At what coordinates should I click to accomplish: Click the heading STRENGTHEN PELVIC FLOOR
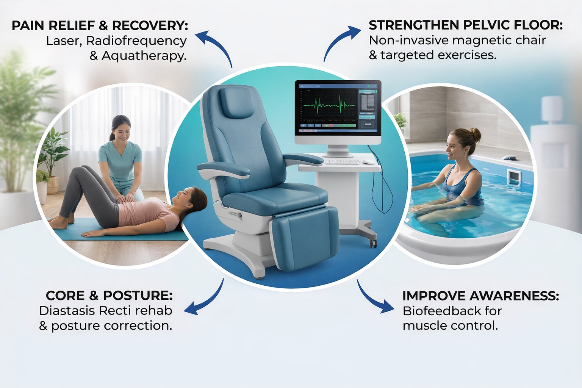(465, 25)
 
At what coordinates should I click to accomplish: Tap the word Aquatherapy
(144, 56)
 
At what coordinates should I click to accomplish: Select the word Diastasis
(67, 311)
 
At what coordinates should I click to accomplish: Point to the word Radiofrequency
(136, 41)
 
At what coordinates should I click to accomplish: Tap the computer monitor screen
(338, 108)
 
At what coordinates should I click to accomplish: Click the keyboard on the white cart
(342, 162)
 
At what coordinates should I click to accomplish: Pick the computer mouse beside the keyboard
(368, 162)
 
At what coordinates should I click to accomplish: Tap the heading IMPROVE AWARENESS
(480, 296)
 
